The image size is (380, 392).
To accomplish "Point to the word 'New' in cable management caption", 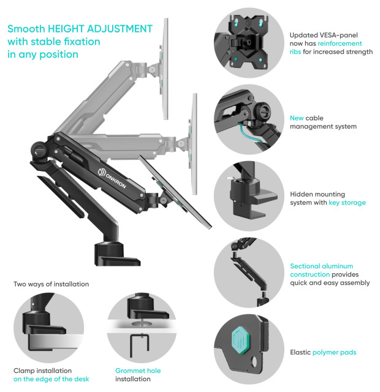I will (x=297, y=118).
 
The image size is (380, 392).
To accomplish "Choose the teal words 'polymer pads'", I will (x=335, y=352).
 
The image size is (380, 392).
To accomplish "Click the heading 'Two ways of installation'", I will (x=51, y=284).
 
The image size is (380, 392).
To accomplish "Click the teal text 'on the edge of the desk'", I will (x=51, y=379).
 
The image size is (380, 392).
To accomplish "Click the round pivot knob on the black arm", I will (x=39, y=149).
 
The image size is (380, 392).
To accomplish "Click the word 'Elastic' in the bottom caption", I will (x=300, y=352).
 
